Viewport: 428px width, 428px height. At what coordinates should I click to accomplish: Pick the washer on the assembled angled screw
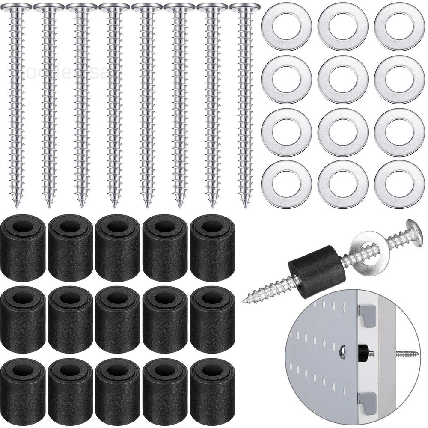coord(367,249)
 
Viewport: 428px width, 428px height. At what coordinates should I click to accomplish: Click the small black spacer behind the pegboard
coord(363,350)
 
